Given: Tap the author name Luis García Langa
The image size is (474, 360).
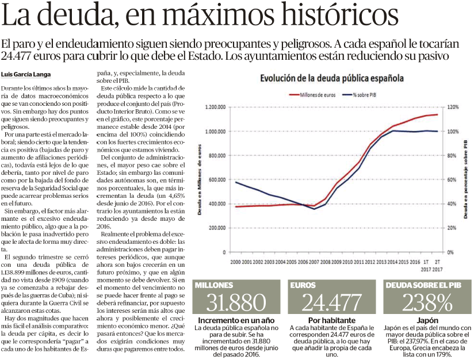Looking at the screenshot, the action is (x=26, y=74).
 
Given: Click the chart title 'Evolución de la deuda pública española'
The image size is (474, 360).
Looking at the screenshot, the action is (x=332, y=78).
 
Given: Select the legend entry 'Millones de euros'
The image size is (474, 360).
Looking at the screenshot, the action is (x=312, y=95).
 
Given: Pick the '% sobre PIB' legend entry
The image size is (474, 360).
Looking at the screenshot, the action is (x=360, y=95).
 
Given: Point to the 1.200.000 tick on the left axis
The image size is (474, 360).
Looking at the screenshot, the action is (x=215, y=107).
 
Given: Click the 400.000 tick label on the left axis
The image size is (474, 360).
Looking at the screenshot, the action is (x=217, y=204).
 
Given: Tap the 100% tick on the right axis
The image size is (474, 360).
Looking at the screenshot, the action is (x=453, y=132).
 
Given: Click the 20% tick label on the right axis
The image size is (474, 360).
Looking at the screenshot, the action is (x=452, y=228).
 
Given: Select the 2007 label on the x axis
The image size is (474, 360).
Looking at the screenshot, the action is (x=314, y=262).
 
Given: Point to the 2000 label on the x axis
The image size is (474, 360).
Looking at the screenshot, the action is (x=235, y=262).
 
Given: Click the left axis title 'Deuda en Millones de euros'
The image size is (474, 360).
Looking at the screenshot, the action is (x=200, y=179).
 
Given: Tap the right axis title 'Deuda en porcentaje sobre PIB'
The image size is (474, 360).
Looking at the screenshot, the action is (x=465, y=179).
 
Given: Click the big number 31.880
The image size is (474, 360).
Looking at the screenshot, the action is (x=236, y=302).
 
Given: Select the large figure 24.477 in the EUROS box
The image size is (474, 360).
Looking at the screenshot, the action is (x=331, y=302).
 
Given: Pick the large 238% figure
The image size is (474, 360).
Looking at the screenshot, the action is (x=427, y=302).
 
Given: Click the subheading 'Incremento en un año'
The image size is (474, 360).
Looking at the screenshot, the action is (x=236, y=320).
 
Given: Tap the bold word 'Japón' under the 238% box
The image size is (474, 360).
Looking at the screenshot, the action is (x=427, y=321).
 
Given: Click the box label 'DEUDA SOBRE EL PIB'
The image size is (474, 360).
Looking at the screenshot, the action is (x=423, y=285).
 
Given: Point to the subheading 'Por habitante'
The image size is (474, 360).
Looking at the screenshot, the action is (x=332, y=320).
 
